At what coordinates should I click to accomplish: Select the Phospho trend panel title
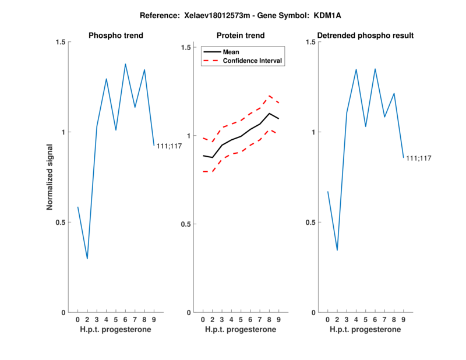(116, 36)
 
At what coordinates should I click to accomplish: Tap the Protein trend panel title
(240, 36)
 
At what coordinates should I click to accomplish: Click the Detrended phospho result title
(365, 36)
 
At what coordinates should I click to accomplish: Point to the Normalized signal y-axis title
(50, 177)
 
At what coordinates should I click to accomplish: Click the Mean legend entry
(231, 52)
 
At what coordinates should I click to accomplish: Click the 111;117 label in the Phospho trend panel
(170, 146)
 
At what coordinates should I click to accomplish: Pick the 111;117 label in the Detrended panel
(419, 158)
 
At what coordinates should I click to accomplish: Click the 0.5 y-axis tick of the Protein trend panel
(186, 224)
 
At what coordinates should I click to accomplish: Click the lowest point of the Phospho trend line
(87, 259)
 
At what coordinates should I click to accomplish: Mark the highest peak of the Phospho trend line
(125, 64)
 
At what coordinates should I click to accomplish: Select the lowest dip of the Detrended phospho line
(337, 250)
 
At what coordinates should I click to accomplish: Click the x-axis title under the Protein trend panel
(240, 330)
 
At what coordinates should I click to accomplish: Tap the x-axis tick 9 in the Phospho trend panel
(154, 320)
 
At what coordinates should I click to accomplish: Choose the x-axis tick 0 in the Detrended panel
(328, 320)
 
